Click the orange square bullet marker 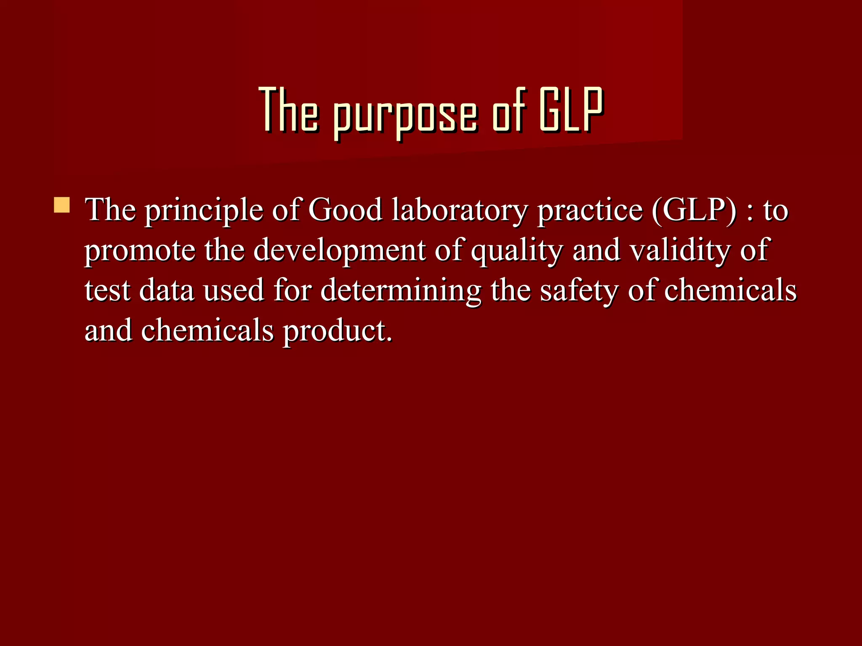(62, 205)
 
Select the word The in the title (288, 110)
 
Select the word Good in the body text (345, 209)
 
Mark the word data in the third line (166, 290)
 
